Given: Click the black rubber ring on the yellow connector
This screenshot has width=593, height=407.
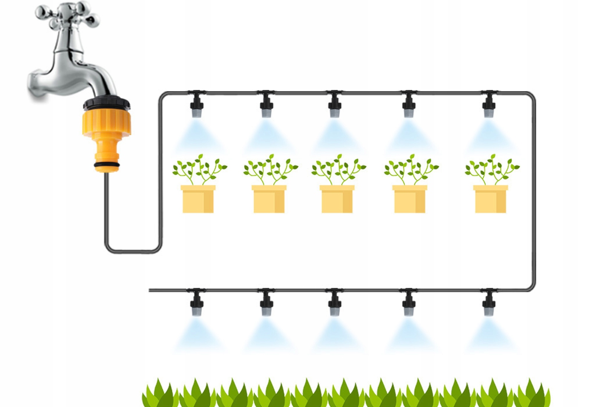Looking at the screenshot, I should pyautogui.click(x=107, y=164).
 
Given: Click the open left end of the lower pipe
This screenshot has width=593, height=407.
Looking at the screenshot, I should pyautogui.click(x=150, y=290).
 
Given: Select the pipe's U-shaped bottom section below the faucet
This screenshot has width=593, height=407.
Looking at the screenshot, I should pyautogui.click(x=133, y=251).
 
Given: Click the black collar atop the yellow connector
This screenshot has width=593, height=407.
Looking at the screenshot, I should pyautogui.click(x=107, y=103).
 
